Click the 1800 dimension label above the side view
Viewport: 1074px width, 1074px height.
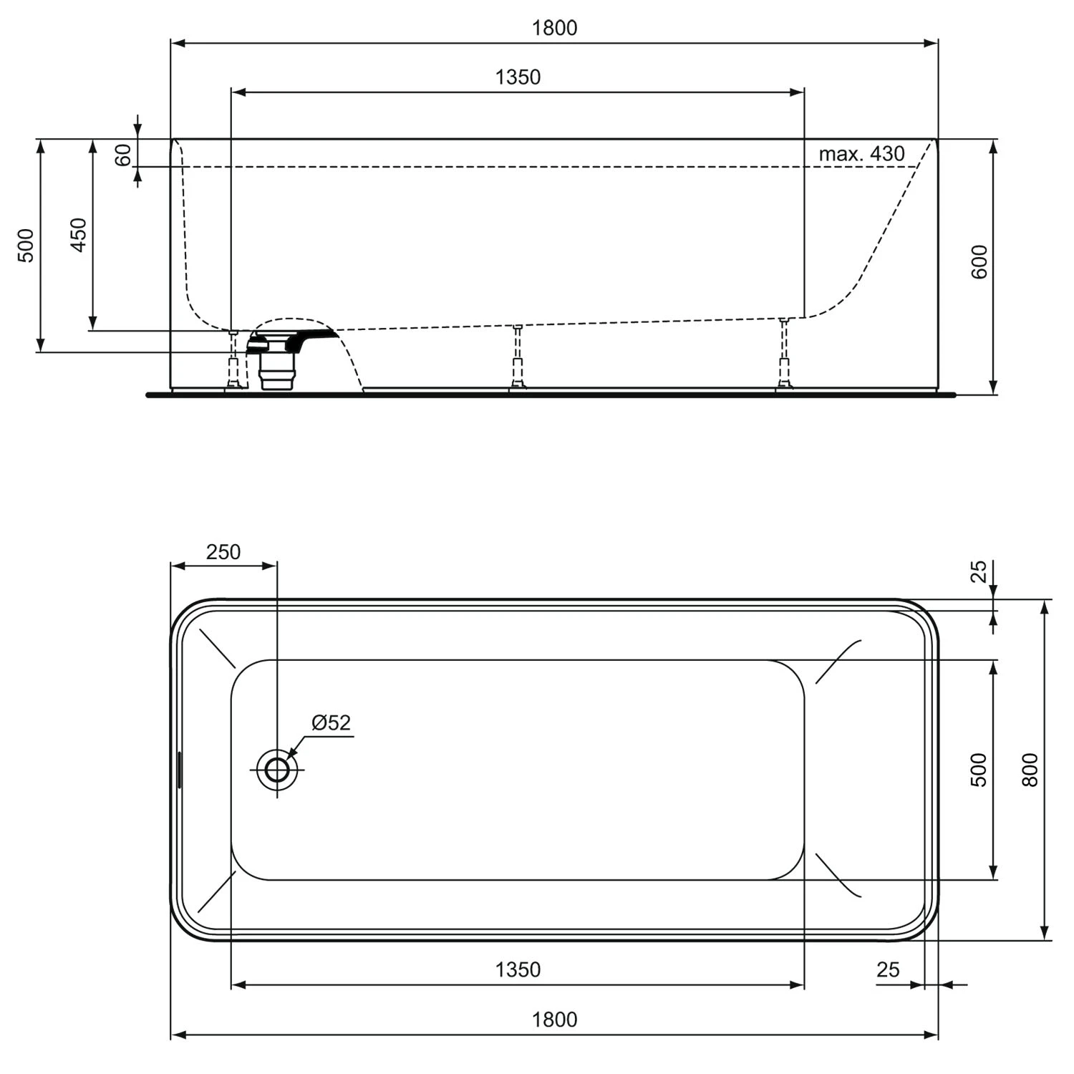[x=554, y=28]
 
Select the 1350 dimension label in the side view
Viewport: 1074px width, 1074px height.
[x=518, y=77]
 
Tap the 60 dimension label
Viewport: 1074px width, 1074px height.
[x=124, y=154]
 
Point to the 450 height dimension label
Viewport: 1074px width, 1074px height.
[x=79, y=234]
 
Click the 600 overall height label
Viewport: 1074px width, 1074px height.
[x=979, y=261]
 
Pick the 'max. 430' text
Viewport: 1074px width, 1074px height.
[x=861, y=154]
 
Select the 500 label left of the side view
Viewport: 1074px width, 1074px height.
[x=26, y=245]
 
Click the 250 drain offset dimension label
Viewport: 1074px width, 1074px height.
[x=223, y=552]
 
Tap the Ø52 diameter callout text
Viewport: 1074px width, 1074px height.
[x=332, y=723]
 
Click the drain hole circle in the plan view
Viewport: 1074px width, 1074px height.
[x=277, y=770]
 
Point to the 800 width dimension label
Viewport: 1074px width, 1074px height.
[x=1030, y=770]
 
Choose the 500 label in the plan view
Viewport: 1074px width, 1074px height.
[x=979, y=770]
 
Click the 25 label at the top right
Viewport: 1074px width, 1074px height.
[x=979, y=571]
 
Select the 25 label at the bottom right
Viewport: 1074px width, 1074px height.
[x=888, y=969]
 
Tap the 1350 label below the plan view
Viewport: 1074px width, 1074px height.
[x=518, y=969]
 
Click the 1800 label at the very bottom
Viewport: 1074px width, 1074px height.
[x=554, y=1020]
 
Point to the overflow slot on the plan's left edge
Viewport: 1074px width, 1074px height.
[x=179, y=770]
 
